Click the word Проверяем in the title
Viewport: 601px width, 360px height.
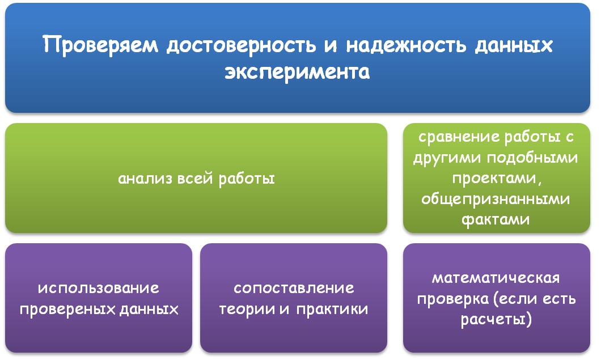point(100,46)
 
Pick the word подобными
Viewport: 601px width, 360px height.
point(533,158)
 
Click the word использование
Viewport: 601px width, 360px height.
point(99,288)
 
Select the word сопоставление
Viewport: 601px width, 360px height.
point(294,288)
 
